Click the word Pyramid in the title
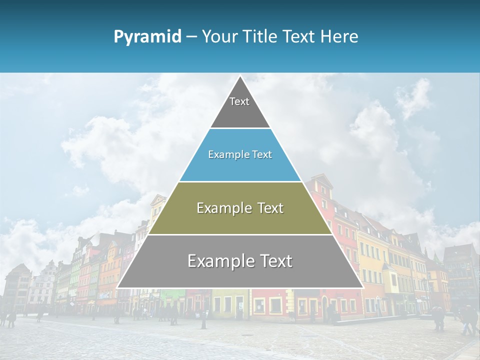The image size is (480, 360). (x=147, y=37)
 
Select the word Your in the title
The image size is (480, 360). (x=220, y=37)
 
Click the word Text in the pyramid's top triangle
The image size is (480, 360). (x=239, y=101)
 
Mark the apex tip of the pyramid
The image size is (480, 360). (x=240, y=76)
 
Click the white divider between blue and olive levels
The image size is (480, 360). (x=240, y=181)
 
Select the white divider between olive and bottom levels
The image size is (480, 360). (x=240, y=234)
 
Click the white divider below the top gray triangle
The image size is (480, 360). (x=240, y=128)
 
